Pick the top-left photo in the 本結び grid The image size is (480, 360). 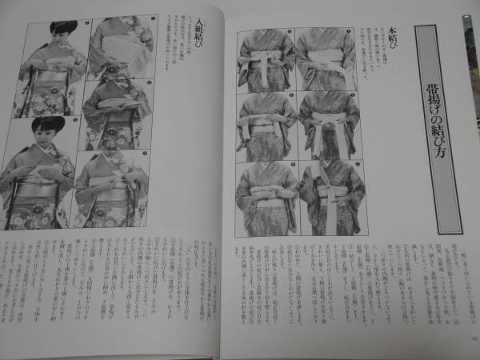(266, 60)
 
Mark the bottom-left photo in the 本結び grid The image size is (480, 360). (266, 196)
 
